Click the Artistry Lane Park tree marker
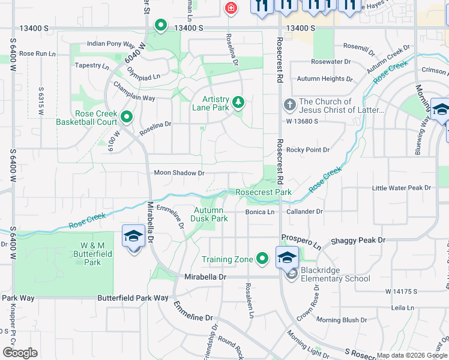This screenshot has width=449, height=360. click(239, 102)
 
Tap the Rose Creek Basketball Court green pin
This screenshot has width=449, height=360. click(127, 116)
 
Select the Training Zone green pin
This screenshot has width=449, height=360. click(262, 259)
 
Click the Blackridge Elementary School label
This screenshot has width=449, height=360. click(336, 274)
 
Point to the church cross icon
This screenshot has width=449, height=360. click(289, 106)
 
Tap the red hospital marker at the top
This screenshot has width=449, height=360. click(231, 8)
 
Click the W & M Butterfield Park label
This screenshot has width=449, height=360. click(93, 254)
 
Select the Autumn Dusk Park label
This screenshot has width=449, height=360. click(210, 214)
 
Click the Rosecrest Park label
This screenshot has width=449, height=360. click(264, 192)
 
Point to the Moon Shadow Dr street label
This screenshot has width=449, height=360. click(179, 173)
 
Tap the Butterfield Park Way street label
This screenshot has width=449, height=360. click(133, 298)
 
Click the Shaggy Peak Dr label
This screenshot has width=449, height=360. click(357, 240)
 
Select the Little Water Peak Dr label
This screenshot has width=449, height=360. click(402, 188)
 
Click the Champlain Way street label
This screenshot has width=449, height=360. click(131, 97)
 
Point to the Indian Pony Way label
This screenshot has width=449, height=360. click(111, 44)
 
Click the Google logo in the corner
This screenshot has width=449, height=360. click(20, 353)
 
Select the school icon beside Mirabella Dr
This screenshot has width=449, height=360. click(133, 237)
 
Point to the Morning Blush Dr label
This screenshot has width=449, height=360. click(341, 320)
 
